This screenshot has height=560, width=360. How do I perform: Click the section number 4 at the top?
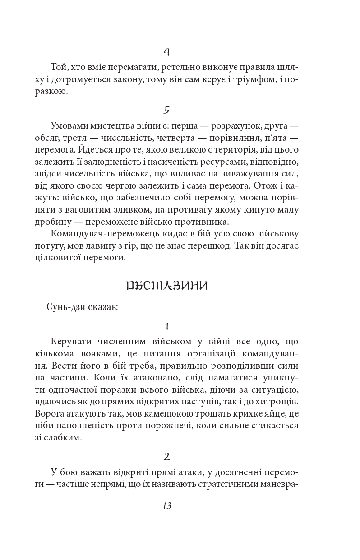[x=166, y=52]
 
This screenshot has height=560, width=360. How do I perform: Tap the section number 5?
[x=166, y=110]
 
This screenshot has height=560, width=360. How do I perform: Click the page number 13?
[x=166, y=506]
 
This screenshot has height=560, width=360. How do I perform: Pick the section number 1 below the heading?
[x=166, y=326]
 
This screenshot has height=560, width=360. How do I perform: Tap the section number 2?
[x=166, y=457]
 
